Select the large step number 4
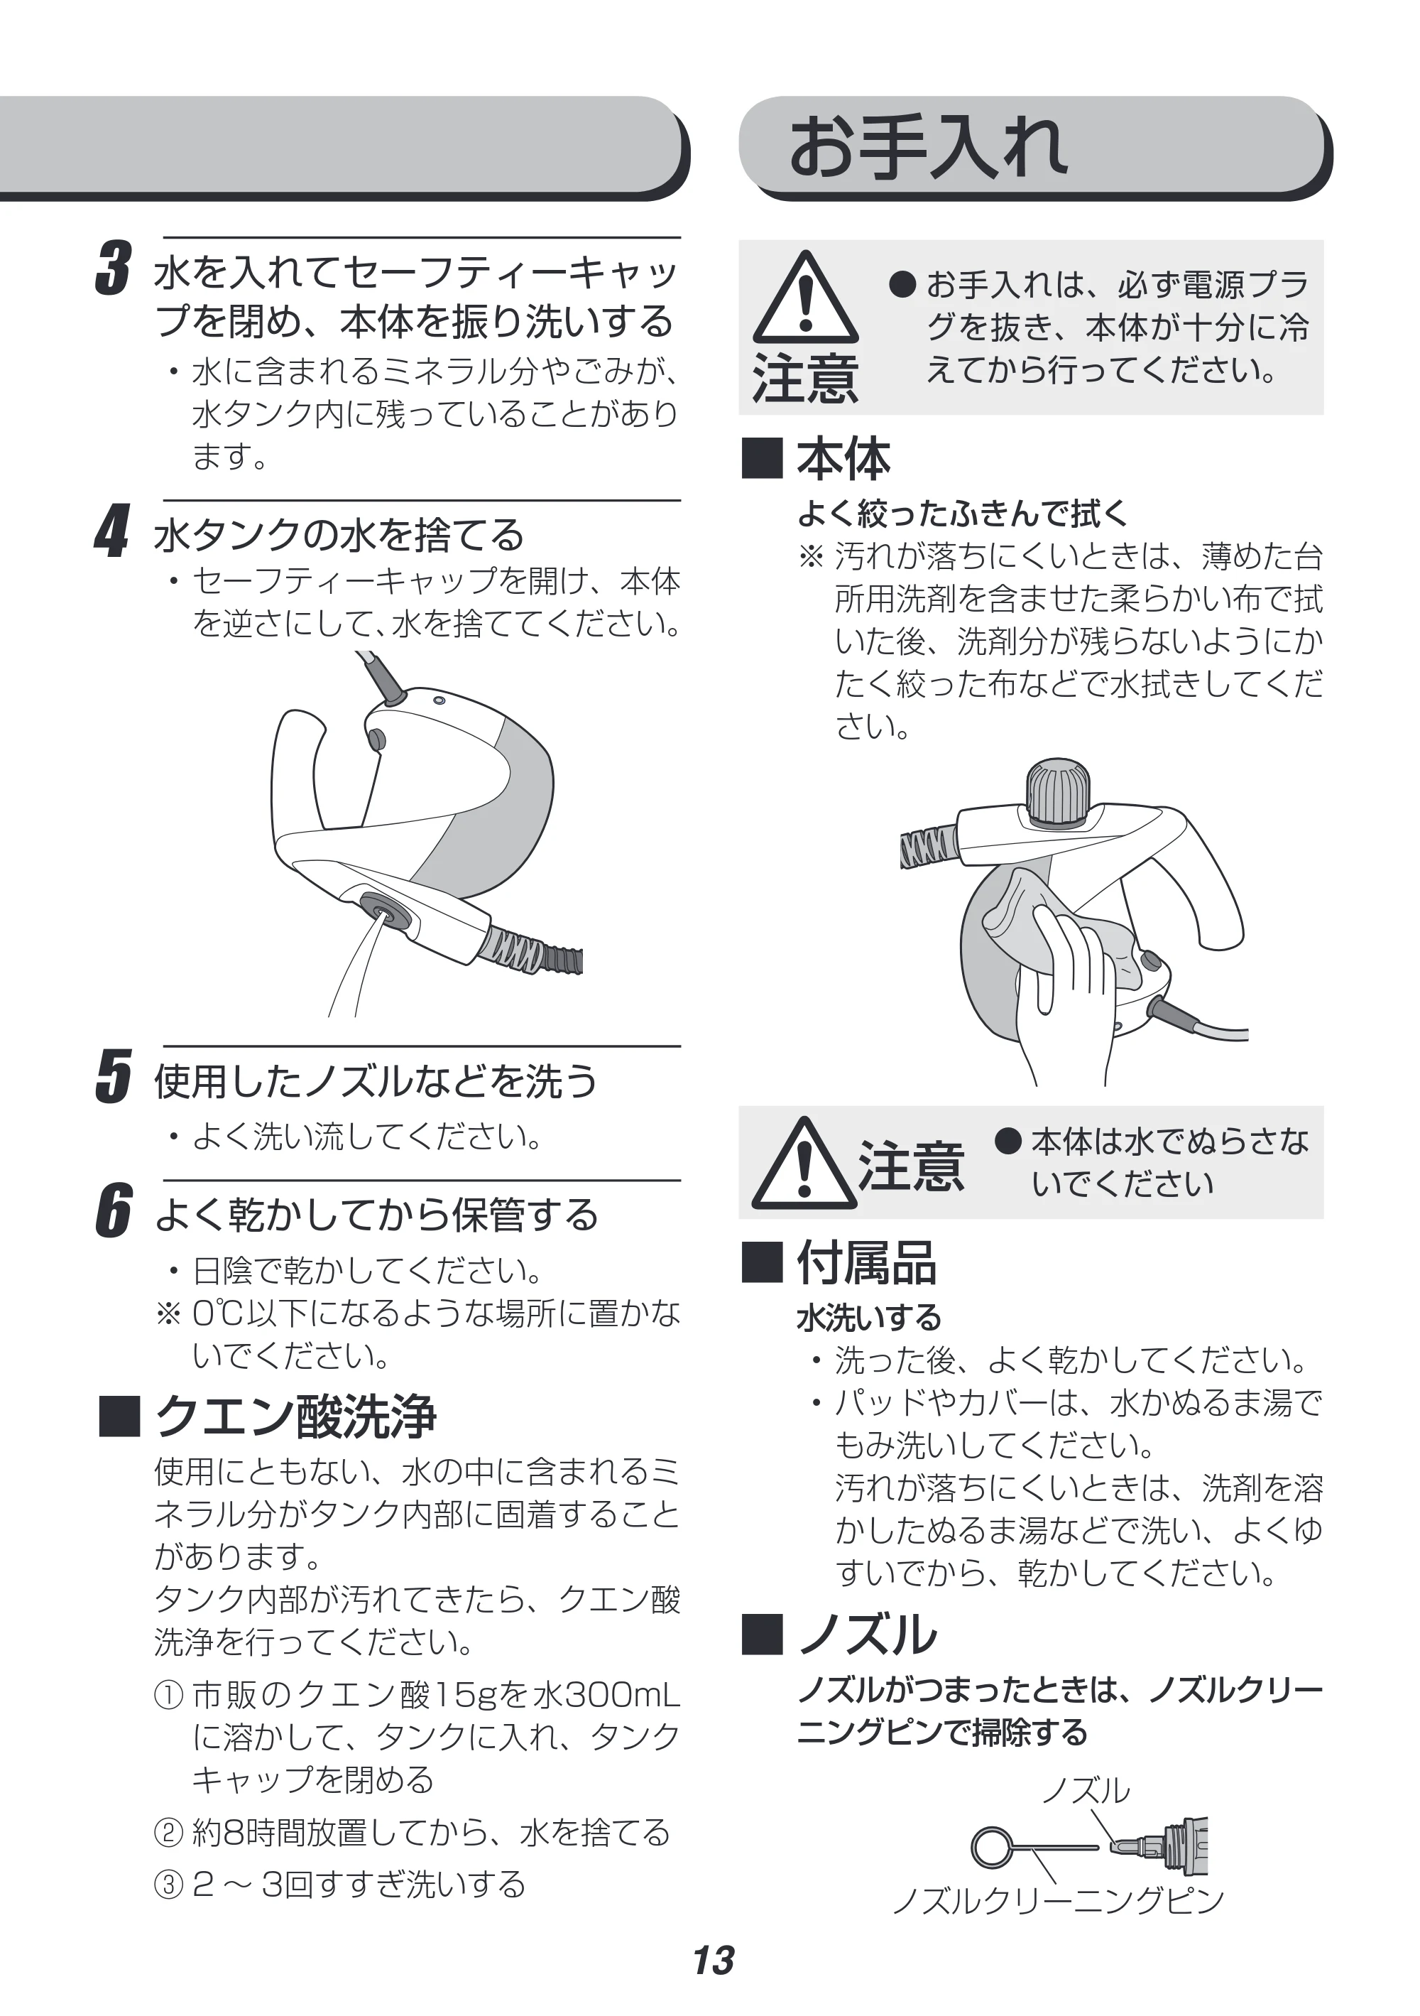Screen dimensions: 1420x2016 pos(112,531)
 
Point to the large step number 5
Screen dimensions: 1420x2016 pos(113,1075)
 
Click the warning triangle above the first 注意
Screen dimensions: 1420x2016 pos(804,298)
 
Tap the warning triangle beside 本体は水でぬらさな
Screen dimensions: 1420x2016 pos(804,1163)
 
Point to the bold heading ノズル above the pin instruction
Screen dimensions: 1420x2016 pos(867,1633)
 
